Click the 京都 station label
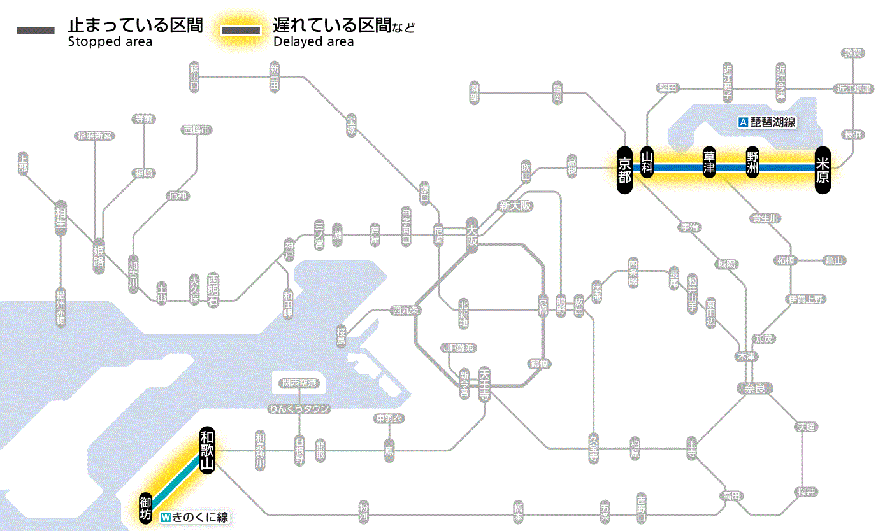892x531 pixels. coord(624,169)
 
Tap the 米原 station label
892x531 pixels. coord(823,169)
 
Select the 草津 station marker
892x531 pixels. coord(709,164)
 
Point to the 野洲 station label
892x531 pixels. coord(753,164)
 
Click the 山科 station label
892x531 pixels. coord(647,163)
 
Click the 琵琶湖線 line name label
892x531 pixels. coord(768,122)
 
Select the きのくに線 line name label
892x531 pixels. coord(195,517)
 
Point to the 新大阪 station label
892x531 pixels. coord(515,206)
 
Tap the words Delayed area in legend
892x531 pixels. coord(313,42)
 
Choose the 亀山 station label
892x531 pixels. coord(835,260)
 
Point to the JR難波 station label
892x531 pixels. coord(459,348)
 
